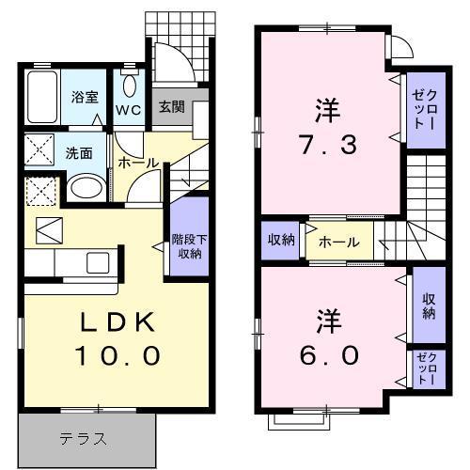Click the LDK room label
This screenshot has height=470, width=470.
tap(115, 321)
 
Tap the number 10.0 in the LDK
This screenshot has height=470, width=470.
tap(115, 356)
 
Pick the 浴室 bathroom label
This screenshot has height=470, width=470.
tap(86, 96)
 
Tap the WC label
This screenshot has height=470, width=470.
tap(128, 110)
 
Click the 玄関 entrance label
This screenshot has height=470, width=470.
tap(170, 106)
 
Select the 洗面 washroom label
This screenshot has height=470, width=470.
tap(78, 153)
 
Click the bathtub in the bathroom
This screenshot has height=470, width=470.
tap(41, 96)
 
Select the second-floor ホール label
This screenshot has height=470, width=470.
tap(338, 242)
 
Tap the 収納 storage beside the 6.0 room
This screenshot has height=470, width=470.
tap(429, 305)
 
